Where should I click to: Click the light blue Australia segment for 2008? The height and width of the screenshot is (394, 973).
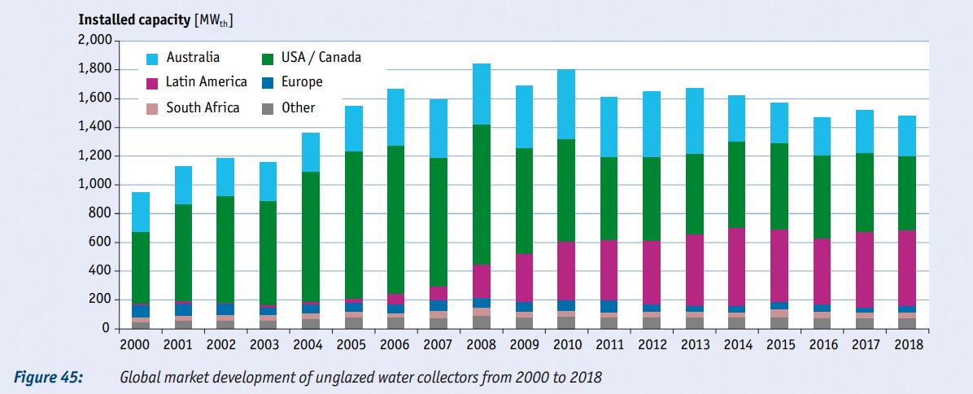tap(482, 94)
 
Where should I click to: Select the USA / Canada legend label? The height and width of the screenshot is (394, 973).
tap(321, 58)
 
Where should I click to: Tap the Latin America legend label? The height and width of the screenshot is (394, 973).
tap(206, 82)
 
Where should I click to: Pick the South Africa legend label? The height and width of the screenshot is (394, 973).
tap(203, 107)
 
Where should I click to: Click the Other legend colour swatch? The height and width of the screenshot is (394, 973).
tap(267, 108)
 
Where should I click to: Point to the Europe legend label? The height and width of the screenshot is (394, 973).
tap(302, 82)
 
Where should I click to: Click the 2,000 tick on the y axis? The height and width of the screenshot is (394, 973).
tap(95, 41)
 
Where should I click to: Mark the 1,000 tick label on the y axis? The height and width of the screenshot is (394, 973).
tap(95, 185)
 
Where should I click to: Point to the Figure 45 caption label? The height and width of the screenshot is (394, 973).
tap(47, 378)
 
